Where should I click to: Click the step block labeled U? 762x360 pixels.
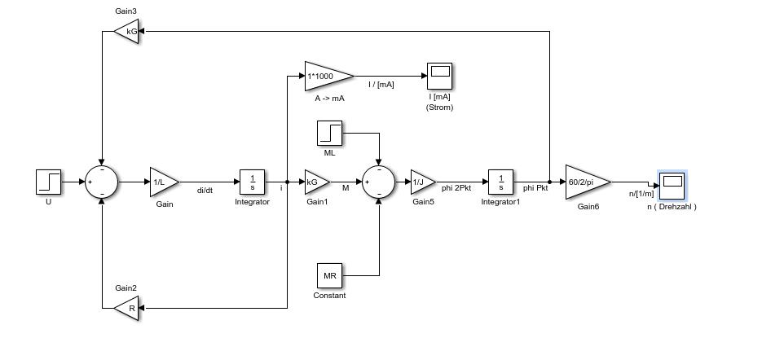49,182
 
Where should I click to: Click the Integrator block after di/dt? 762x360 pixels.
252,182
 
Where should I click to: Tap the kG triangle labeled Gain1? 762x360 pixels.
315,182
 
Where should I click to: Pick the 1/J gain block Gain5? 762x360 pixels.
421,182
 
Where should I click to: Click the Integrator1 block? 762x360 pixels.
500,182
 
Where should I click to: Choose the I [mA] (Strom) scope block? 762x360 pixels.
440,76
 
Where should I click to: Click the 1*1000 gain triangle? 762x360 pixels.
327,76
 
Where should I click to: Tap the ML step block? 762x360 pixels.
329,133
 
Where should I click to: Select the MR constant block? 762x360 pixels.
329,275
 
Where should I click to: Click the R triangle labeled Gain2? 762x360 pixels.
128,308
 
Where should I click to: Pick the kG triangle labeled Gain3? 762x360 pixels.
128,32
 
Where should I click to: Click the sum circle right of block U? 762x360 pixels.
102,182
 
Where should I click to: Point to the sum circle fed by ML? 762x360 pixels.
378,182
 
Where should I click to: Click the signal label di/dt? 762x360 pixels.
205,191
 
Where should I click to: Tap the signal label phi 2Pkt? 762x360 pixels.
456,188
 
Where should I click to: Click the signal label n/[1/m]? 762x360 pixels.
641,194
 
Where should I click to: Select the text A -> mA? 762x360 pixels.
329,98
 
